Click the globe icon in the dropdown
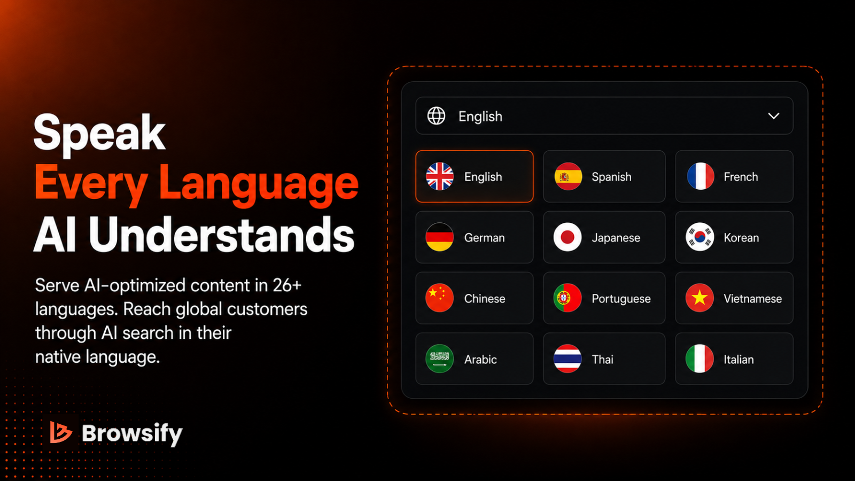click(436, 115)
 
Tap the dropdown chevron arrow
click(774, 115)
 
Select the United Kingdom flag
click(440, 176)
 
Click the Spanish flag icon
click(568, 176)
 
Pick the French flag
click(700, 176)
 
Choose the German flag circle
click(440, 237)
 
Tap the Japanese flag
click(568, 237)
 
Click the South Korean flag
click(699, 237)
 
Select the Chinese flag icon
click(440, 298)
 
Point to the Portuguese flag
click(568, 298)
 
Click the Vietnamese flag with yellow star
click(699, 298)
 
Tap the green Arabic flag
click(440, 359)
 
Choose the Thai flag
click(568, 359)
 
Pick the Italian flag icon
click(699, 359)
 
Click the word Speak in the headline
click(99, 134)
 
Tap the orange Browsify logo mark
click(61, 432)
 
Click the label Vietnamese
click(753, 299)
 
